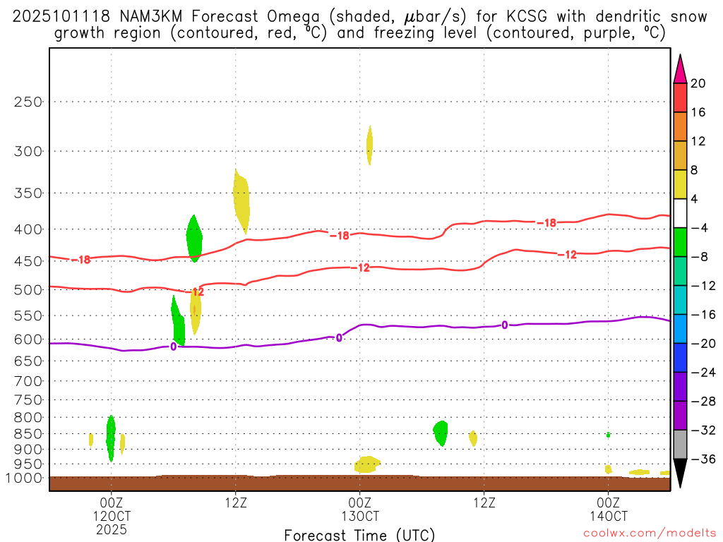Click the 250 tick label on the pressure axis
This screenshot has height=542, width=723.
point(28,102)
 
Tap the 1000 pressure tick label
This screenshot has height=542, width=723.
point(25,478)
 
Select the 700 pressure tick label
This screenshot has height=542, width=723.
point(28,381)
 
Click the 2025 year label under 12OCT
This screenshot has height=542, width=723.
point(111,529)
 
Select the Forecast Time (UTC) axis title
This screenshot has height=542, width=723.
point(359,535)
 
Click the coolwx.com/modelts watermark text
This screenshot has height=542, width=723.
point(643,534)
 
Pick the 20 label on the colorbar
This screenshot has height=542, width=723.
point(698,83)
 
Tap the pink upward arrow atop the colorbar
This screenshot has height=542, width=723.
point(680,68)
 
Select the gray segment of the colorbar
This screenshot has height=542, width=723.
point(680,445)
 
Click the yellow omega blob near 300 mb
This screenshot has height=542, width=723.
point(369,145)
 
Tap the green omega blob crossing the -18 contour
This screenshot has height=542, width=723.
point(194,238)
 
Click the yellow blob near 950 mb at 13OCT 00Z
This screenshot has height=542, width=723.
point(366,464)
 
